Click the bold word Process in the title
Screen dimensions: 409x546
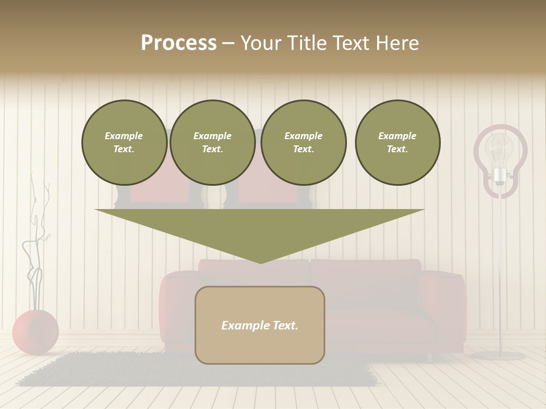pos(179,43)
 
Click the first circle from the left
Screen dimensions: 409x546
pos(125,143)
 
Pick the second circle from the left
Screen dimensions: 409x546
pos(213,143)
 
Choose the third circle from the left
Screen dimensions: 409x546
pos(304,143)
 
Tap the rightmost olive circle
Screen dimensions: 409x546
pos(398,143)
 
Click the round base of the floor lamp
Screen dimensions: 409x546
pos(499,356)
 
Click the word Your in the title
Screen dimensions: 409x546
pos(261,43)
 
